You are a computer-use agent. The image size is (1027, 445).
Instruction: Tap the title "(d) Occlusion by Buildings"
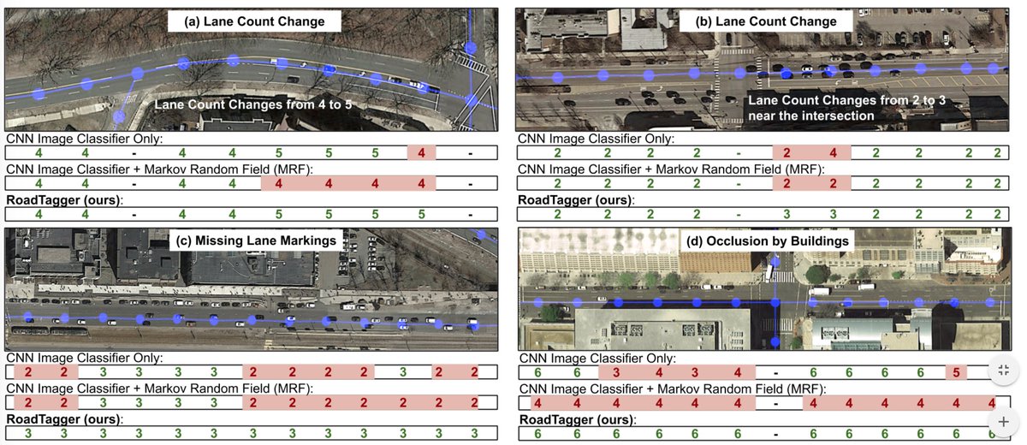pos(769,241)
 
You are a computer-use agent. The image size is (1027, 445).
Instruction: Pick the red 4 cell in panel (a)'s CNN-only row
pos(422,153)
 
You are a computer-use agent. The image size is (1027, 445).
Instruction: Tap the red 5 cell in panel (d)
pos(957,372)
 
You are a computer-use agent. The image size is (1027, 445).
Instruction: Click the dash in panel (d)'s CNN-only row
pos(775,372)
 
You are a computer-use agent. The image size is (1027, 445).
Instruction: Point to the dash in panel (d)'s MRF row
pos(775,403)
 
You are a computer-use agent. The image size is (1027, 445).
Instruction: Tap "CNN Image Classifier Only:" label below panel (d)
pos(597,358)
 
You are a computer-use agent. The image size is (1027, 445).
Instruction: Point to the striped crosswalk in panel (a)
pos(468,62)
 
